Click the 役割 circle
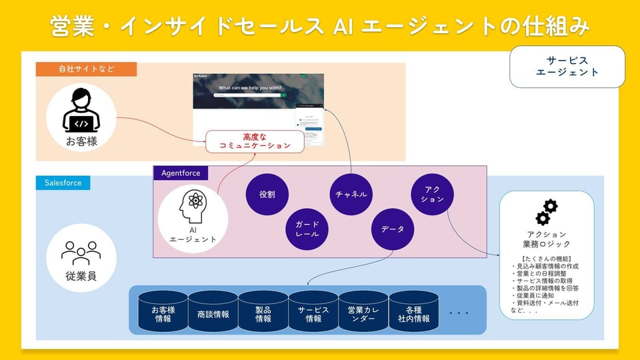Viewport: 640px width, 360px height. pos(267,195)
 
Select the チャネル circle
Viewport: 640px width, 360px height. pos(351,195)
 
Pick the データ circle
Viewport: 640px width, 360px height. pos(393,229)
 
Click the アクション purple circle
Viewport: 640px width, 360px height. pos(433,195)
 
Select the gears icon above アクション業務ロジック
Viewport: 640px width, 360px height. pos(547,212)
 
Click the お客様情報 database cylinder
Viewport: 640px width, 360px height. pos(163,311)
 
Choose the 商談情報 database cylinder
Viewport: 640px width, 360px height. pos(213,311)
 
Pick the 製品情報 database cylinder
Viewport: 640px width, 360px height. pos(263,311)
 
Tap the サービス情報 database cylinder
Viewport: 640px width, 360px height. pos(313,311)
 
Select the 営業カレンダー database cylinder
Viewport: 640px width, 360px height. pos(363,311)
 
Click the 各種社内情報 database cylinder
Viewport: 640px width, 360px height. pos(413,311)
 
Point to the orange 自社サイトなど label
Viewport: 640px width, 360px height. pos(86,69)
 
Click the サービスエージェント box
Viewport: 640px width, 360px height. pos(567,66)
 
